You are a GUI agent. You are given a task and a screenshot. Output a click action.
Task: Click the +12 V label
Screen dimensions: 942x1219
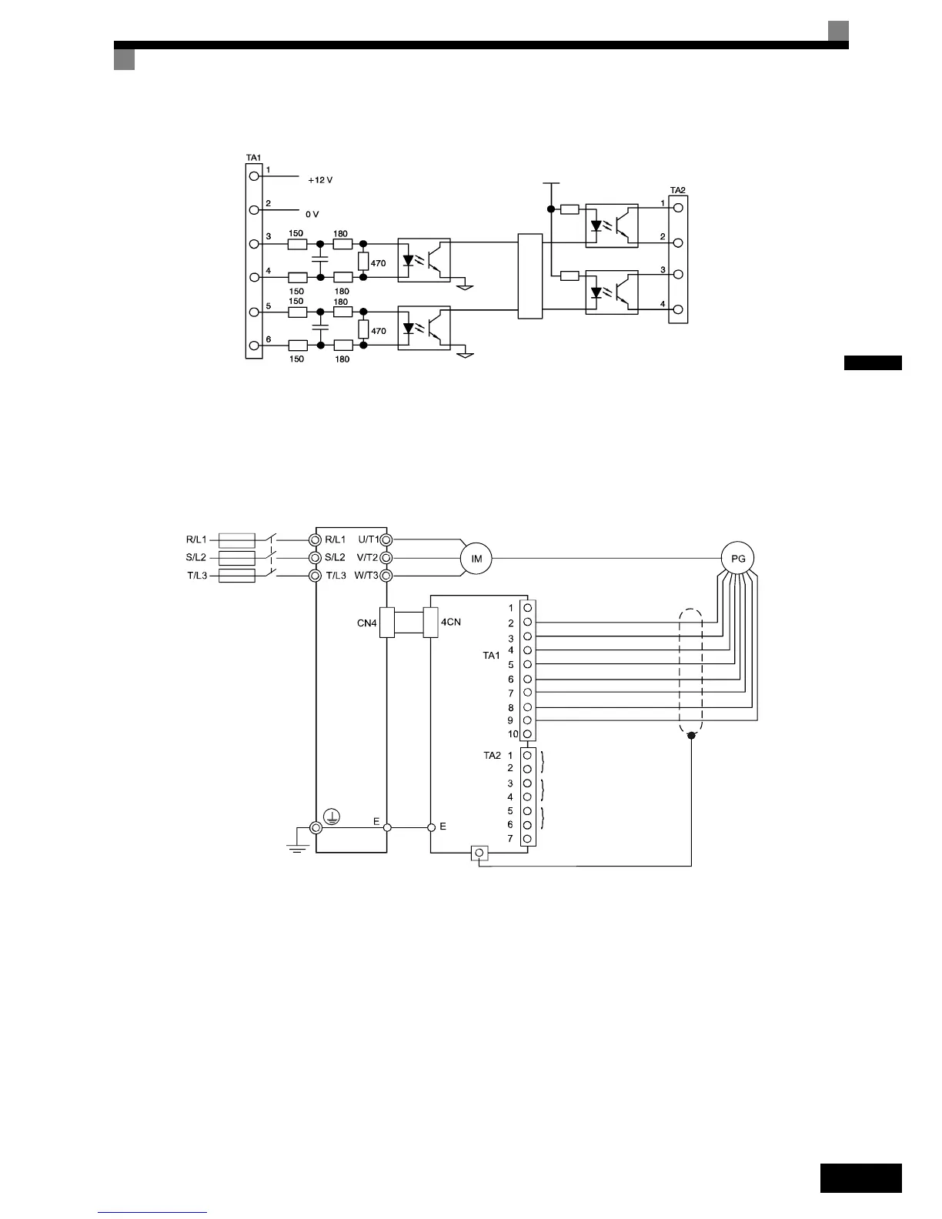point(320,180)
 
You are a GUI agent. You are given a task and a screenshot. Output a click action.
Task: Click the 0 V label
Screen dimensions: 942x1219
point(312,214)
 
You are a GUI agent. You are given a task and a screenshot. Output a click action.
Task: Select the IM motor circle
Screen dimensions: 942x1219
point(476,559)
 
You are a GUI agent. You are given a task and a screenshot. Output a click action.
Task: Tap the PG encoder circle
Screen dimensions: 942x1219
point(738,559)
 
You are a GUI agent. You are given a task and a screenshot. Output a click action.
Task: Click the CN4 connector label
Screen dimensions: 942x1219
point(367,623)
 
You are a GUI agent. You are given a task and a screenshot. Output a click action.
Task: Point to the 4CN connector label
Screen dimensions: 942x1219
point(451,621)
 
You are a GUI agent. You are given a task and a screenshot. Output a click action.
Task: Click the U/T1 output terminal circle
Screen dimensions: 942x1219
point(386,540)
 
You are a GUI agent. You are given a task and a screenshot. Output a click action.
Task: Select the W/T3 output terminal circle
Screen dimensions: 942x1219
point(386,576)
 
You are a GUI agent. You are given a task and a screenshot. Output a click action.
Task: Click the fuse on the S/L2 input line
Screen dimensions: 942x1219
point(237,558)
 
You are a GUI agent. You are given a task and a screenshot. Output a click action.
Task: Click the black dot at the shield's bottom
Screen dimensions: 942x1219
point(691,736)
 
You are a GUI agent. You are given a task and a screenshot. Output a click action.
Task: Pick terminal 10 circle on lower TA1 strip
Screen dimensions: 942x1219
point(527,734)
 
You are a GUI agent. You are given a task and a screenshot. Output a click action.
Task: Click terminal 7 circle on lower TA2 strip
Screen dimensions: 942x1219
point(527,838)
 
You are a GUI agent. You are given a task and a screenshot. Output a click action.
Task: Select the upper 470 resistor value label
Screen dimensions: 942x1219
point(378,263)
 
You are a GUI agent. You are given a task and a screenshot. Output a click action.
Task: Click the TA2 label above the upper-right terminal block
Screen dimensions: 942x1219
point(678,189)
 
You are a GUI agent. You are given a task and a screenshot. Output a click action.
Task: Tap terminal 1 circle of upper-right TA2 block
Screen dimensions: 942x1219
point(677,207)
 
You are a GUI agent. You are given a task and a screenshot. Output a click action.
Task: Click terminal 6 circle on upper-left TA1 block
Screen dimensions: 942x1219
point(254,346)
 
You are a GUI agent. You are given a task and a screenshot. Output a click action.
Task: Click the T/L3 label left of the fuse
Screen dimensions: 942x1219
point(197,576)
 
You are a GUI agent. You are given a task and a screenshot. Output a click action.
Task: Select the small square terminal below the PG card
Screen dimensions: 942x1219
point(479,853)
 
